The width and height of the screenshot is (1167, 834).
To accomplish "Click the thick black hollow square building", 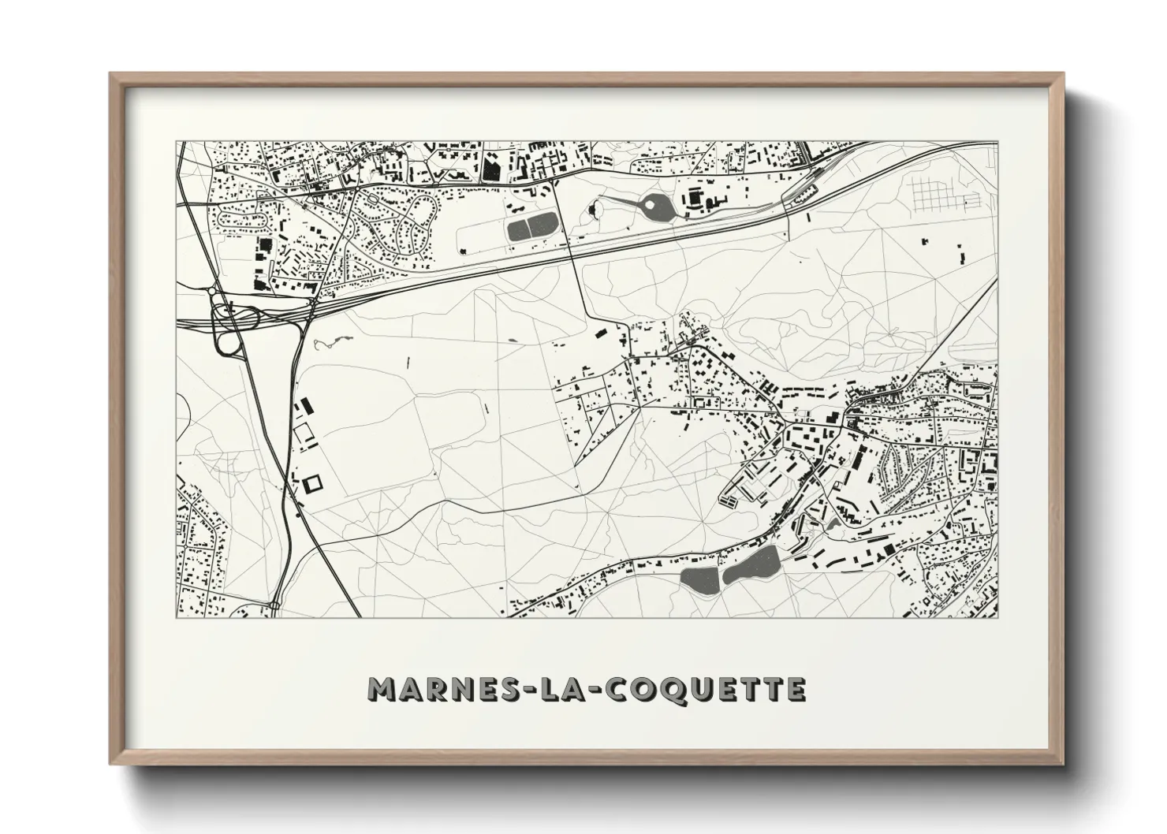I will pos(312,482).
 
